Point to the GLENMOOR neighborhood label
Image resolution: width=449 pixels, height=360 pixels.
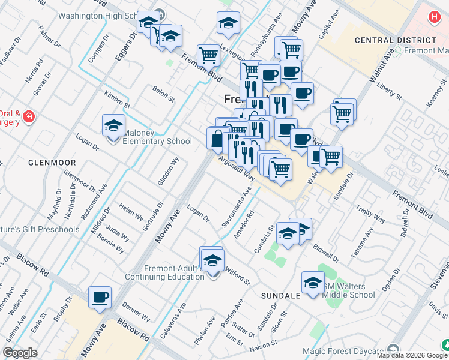(52, 163)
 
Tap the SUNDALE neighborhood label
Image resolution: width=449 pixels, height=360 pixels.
(280, 296)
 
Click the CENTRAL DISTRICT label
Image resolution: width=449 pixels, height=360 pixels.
(387, 40)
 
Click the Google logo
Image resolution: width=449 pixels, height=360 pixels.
(20, 353)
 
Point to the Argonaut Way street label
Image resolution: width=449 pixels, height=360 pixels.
(237, 167)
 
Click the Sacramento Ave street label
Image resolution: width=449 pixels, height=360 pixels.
(236, 209)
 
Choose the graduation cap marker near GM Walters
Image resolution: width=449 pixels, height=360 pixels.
(313, 283)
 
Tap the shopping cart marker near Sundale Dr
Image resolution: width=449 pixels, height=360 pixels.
(331, 158)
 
